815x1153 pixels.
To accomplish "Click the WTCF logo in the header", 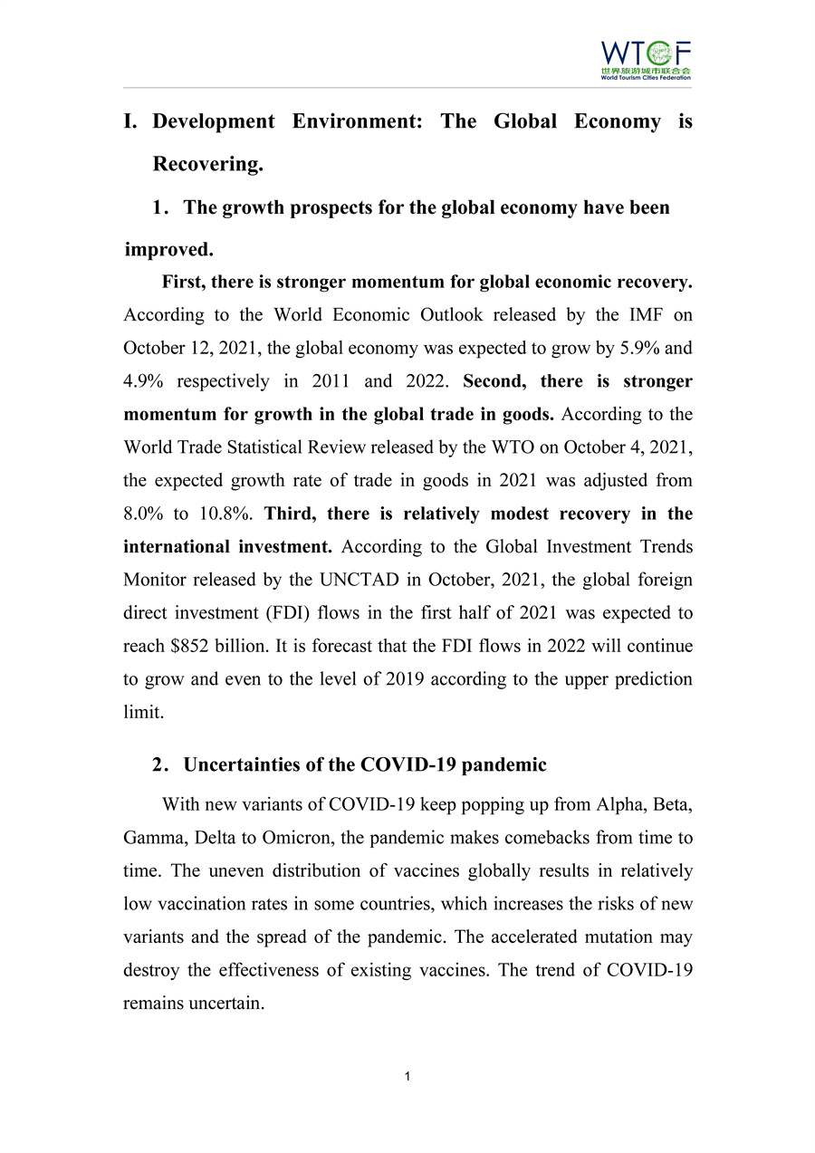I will pos(646,60).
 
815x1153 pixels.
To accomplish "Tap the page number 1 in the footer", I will pos(408,1076).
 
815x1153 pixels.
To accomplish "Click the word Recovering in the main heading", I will pos(207,164).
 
